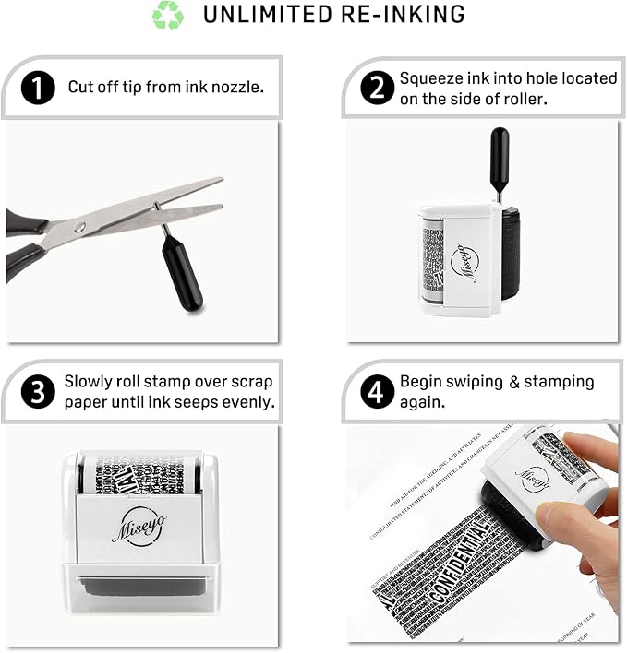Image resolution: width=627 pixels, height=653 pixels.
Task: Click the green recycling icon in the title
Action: point(168,16)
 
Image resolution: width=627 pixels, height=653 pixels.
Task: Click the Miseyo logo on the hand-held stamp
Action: point(532,477)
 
